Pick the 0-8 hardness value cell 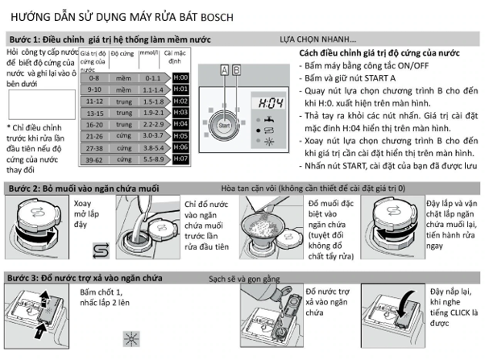[x=94, y=78]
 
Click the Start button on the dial [x=225, y=126]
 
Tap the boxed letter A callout [x=224, y=70]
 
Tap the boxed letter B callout [x=236, y=70]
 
